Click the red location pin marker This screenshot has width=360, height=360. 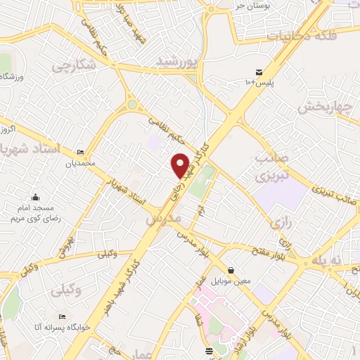181,165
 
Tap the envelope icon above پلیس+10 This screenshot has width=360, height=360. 259,72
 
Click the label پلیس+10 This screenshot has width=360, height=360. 259,83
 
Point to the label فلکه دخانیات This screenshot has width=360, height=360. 307,34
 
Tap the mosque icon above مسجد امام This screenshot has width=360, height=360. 35,198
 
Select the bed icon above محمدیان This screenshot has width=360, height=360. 81,152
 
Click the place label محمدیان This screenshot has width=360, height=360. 80,162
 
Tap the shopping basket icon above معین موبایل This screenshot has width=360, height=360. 231,271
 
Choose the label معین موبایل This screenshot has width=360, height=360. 230,281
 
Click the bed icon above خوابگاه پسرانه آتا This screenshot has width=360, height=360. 62,316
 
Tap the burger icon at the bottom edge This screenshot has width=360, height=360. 207,351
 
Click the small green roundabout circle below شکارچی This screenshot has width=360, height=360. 132,105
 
